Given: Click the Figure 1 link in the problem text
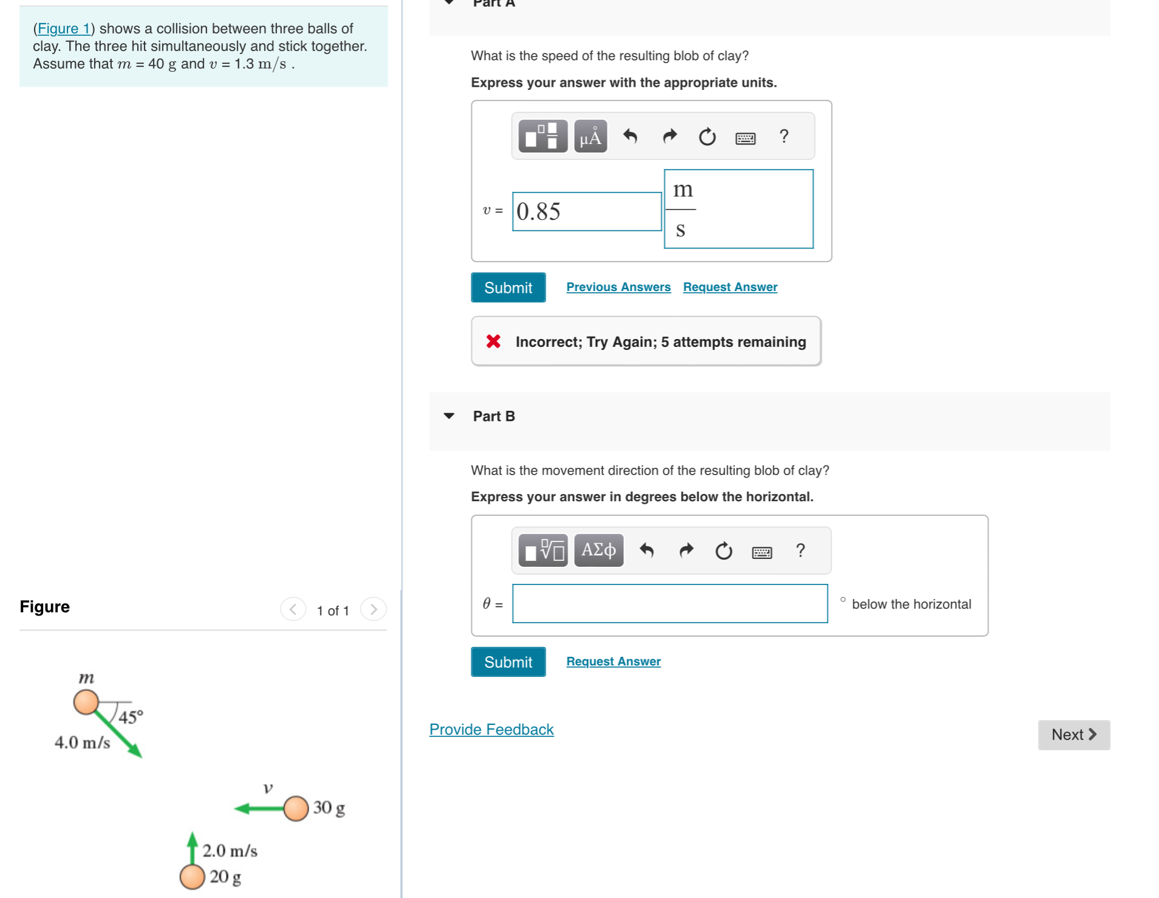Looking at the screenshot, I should click(63, 29).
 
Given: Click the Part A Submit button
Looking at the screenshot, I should click(507, 287).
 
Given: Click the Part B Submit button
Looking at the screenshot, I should click(507, 662).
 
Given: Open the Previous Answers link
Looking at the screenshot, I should click(618, 287).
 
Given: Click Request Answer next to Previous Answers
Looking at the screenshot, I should click(730, 287).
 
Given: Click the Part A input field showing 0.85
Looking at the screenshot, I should click(586, 211).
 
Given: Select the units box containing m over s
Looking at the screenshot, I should click(738, 209).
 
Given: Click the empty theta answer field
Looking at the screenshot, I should click(669, 603).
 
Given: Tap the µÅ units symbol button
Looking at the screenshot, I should click(590, 137).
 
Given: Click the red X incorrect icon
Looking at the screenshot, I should click(493, 341).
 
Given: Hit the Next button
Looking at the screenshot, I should click(1073, 735).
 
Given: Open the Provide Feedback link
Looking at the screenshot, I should click(491, 729).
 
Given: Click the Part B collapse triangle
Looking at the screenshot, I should click(449, 416).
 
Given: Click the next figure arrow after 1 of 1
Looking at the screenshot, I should click(373, 609).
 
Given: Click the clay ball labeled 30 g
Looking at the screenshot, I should click(296, 808).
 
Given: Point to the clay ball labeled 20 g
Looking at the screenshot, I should click(192, 877).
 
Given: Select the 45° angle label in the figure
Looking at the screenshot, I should click(131, 717).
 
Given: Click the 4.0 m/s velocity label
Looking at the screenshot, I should click(82, 742).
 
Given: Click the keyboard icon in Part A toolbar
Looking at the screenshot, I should click(745, 138).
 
